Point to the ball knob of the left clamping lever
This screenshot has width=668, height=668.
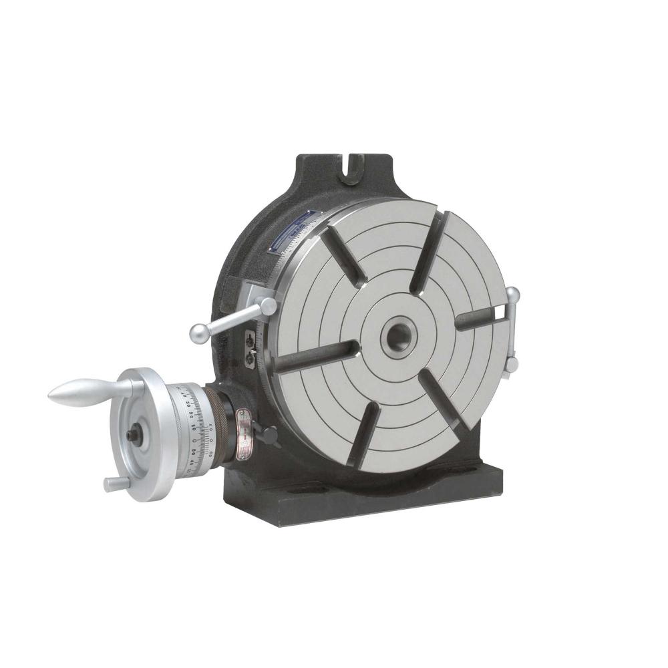pyautogui.click(x=198, y=333)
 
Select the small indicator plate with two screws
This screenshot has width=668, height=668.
pyautogui.click(x=251, y=347)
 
